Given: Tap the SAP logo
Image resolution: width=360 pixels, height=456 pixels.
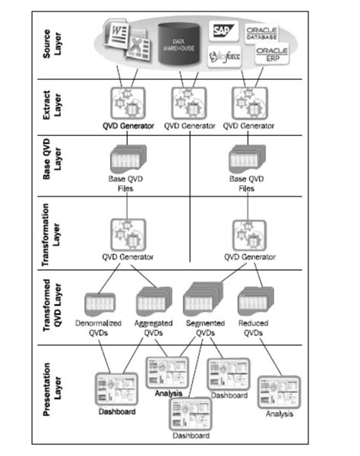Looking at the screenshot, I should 223,31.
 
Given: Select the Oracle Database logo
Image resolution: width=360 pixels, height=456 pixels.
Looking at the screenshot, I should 262,32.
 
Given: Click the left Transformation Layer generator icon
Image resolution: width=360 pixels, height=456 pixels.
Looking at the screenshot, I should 125,234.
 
